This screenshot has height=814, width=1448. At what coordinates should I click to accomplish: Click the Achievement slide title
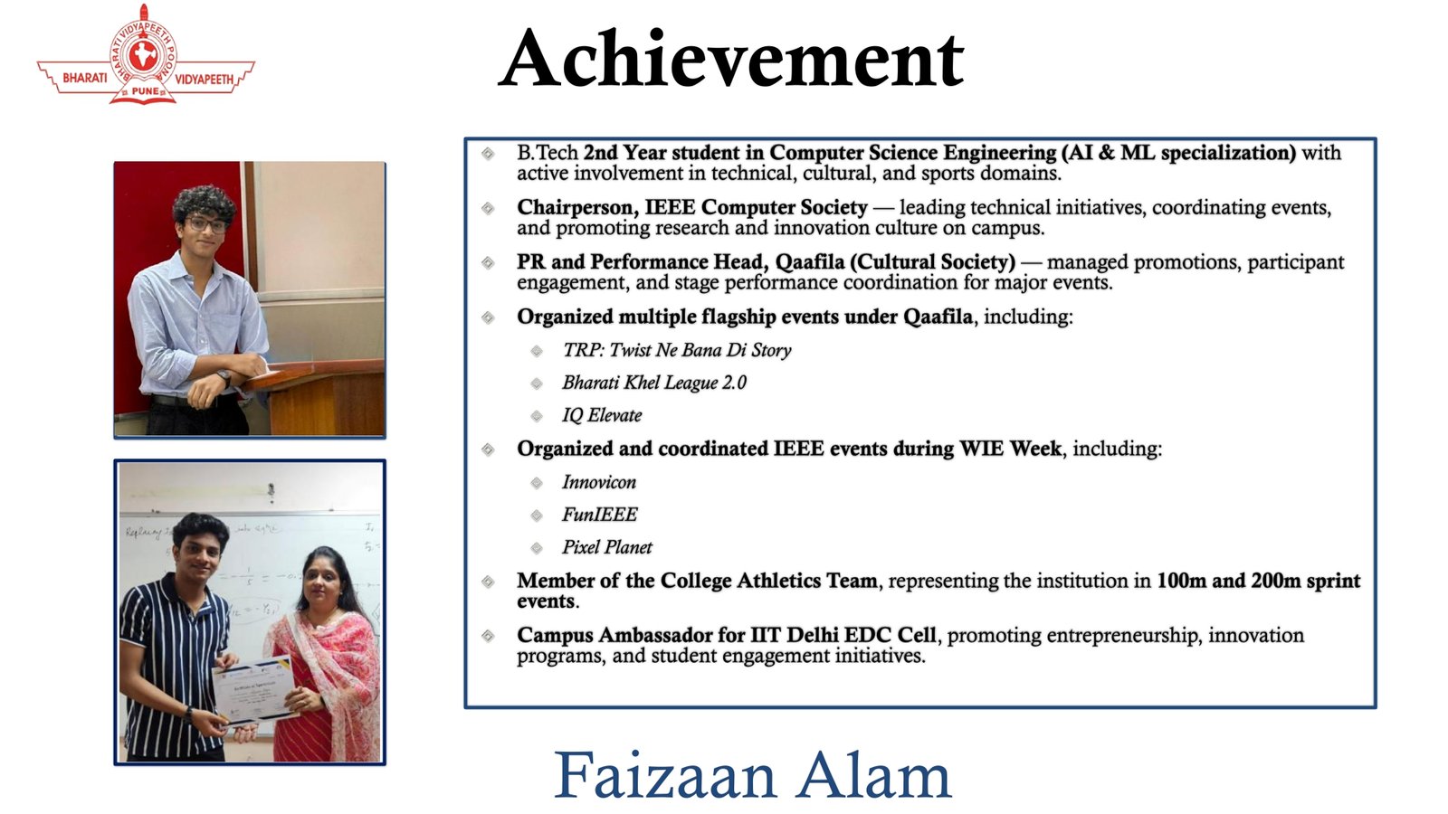coord(731,59)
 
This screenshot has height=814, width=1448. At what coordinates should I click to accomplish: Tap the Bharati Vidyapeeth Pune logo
coord(146,54)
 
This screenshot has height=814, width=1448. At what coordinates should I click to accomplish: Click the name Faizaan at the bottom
coord(665,775)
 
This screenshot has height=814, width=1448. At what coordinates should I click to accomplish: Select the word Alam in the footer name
coord(873,775)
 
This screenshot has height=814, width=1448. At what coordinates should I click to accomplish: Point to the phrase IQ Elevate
coord(602,415)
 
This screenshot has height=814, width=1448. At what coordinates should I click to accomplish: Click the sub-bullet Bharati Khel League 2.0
coord(654,383)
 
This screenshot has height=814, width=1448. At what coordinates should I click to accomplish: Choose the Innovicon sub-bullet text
coord(598,482)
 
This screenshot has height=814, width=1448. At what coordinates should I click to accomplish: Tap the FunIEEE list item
coord(599,515)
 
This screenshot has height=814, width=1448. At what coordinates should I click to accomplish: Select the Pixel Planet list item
coord(607,547)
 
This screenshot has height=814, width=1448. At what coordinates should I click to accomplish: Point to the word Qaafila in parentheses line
coord(809,262)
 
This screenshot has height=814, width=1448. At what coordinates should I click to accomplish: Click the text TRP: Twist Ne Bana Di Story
coord(677,350)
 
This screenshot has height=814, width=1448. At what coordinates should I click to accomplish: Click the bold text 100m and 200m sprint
coord(1259,581)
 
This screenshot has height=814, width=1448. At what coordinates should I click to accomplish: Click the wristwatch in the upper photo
coord(224,377)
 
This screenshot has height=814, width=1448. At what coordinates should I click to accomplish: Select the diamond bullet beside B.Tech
coord(488,154)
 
